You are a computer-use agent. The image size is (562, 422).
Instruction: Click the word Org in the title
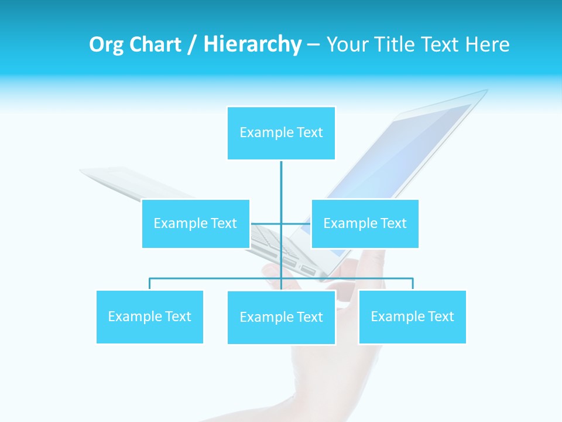[x=105, y=45]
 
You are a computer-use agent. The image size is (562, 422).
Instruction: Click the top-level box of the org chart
[x=281, y=133]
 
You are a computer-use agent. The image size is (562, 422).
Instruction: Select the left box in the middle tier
[x=196, y=223]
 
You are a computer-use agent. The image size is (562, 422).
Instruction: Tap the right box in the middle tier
[x=365, y=223]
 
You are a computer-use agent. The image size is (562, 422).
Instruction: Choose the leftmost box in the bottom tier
[x=150, y=316]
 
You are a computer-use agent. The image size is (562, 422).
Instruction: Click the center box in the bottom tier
[x=281, y=317]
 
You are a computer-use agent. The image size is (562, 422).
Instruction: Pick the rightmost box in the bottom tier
[x=412, y=316]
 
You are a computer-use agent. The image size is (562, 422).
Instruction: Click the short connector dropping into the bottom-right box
[x=412, y=284]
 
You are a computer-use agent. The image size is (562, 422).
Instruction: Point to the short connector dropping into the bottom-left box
[x=150, y=284]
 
